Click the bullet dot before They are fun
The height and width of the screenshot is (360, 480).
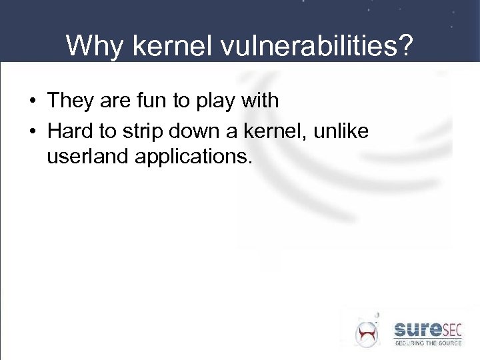point(32,102)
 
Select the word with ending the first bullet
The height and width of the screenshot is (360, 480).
point(260,101)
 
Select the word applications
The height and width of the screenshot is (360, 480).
point(194,158)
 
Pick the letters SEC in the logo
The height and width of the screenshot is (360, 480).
point(454,329)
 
